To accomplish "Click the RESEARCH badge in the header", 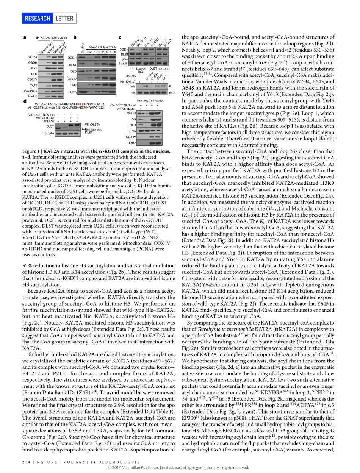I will pos(38,19).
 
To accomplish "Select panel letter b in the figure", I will pos(75,37).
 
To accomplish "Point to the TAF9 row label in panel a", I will pos(33,86).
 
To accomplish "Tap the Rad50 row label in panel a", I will pos(33,96).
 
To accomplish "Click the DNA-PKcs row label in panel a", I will pos(30,91).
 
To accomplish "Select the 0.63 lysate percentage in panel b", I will pos(89,52).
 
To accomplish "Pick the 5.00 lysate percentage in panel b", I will pos(113,52).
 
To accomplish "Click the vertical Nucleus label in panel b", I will pos(83,47).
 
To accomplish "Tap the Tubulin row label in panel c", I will pos(124,63).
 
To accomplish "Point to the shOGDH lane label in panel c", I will pos(142,42).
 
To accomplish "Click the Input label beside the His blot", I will pos(172,93).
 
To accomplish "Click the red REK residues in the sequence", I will pos(81,104).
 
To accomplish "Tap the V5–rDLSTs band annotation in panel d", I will pos(92,124).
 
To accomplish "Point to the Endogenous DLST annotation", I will pos(93,131).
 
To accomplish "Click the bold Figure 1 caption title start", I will pos(35,151).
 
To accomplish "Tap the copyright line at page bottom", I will pos(180,468).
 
